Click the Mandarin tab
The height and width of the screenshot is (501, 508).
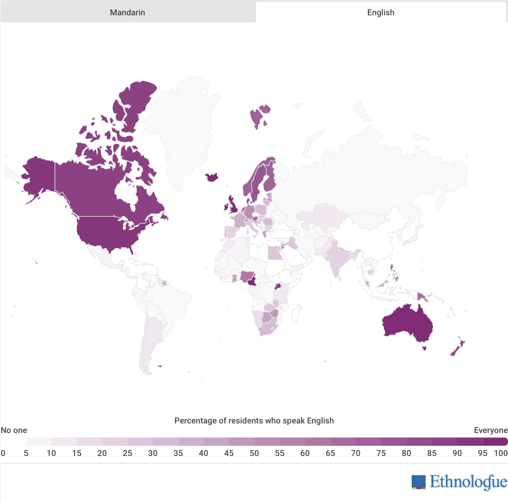pos(128,12)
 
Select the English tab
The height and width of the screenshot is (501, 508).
pos(381,12)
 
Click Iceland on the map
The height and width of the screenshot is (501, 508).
pos(212,177)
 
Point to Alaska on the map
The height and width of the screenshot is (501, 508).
pos(38,174)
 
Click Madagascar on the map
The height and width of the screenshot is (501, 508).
pos(296,313)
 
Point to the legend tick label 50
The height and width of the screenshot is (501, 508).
pos(254,453)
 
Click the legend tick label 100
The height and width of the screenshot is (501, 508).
pos(501,453)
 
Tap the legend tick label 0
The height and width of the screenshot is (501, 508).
pos(3,453)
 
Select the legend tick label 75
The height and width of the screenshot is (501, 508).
pos(381,453)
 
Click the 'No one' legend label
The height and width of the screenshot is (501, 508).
pos(14,430)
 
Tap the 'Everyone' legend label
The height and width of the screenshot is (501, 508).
pos(491,430)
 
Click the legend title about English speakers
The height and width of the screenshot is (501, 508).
pos(254,421)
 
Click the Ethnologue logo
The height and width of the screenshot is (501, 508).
pos(459,482)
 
